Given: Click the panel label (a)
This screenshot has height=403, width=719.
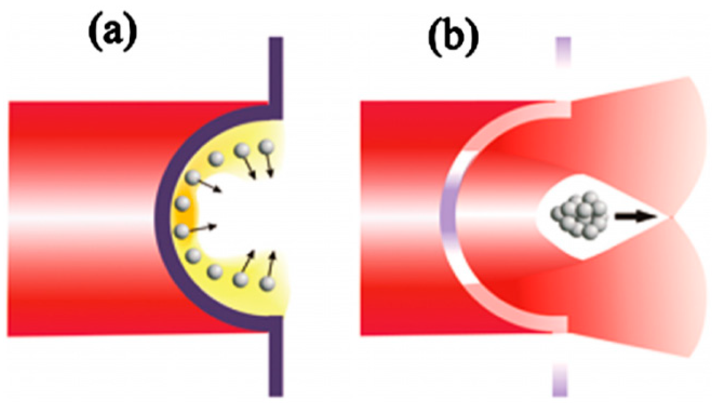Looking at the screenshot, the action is (x=112, y=36).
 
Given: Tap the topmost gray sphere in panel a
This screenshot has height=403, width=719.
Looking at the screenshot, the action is (x=267, y=147).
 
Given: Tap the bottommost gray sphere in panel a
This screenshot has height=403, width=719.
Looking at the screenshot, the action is (x=267, y=283).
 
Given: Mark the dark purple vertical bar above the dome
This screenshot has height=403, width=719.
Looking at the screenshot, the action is (x=276, y=70).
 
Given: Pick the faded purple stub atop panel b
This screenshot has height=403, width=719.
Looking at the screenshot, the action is (x=563, y=51).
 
